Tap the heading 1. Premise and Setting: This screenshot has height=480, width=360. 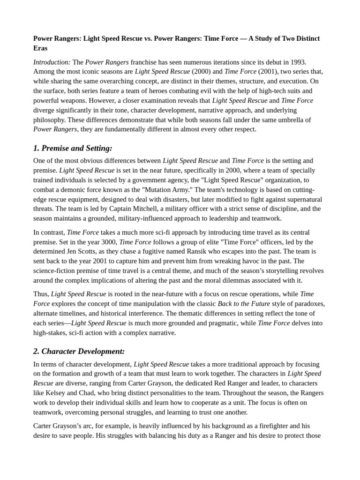click(73, 148)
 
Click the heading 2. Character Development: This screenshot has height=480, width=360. click(79, 351)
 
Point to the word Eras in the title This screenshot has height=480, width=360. click(40, 48)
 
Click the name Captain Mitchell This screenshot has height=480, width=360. click(143, 209)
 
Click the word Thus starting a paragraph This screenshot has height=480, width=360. click(41, 294)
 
